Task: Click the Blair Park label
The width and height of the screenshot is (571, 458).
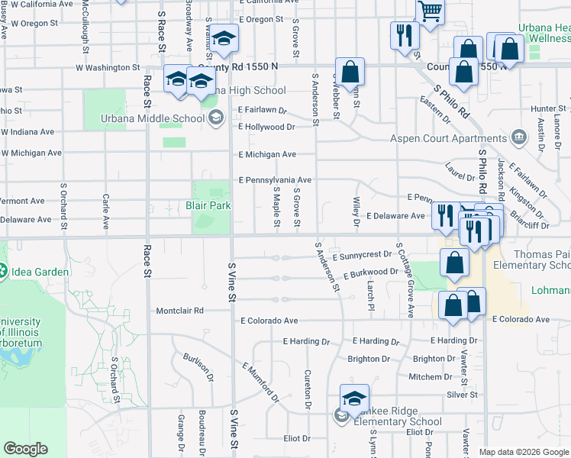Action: click(x=208, y=205)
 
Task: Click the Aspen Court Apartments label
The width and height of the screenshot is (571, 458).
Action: click(x=448, y=138)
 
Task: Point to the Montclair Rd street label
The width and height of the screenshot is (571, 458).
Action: click(x=180, y=311)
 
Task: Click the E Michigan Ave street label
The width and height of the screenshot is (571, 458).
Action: click(x=267, y=154)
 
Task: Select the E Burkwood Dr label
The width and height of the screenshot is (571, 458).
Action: click(x=371, y=272)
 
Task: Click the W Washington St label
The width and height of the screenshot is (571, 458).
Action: click(x=108, y=68)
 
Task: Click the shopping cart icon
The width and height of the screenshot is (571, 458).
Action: click(x=431, y=12)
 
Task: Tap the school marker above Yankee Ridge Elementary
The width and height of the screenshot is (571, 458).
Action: click(x=354, y=398)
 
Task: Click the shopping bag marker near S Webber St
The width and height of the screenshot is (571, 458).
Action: click(x=350, y=73)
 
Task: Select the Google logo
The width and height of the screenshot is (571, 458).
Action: click(x=26, y=449)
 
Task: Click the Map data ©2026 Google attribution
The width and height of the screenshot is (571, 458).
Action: click(x=524, y=452)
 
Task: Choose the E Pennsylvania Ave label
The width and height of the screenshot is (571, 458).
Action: click(x=275, y=180)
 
